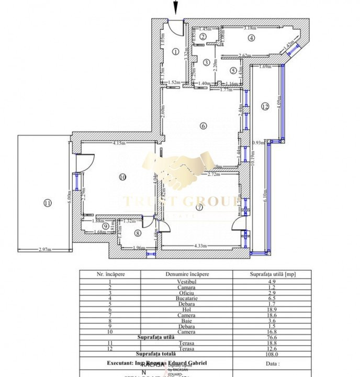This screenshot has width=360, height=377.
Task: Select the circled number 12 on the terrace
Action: (265, 106)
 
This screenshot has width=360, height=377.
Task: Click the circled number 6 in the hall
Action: (203, 125)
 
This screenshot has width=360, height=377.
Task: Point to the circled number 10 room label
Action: (122, 177)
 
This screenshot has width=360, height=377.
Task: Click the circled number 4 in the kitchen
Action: (251, 37)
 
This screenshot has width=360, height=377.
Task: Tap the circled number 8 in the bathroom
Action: (138, 233)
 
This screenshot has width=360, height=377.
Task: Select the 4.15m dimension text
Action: (120, 143)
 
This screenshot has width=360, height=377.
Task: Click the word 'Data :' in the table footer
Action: (272, 362)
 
